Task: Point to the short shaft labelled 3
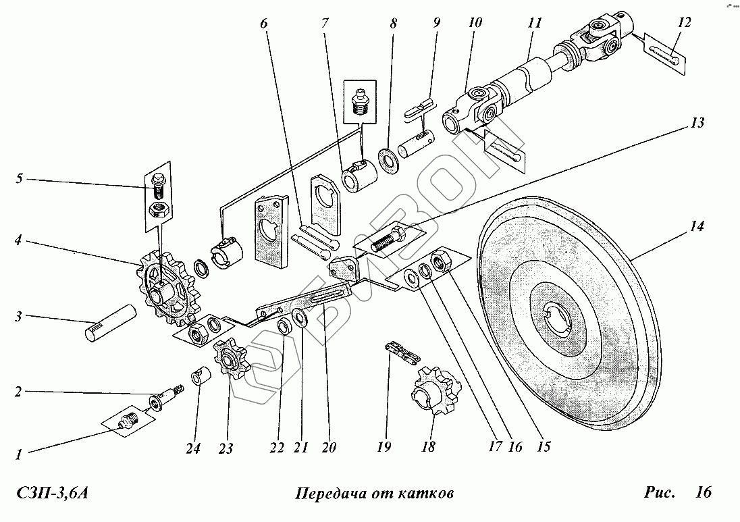point(114,325)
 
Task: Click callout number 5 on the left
point(20,179)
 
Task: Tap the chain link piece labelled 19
point(398,355)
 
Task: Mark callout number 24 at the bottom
point(194,448)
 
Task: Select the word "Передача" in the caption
point(327,493)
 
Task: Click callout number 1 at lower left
point(20,455)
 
